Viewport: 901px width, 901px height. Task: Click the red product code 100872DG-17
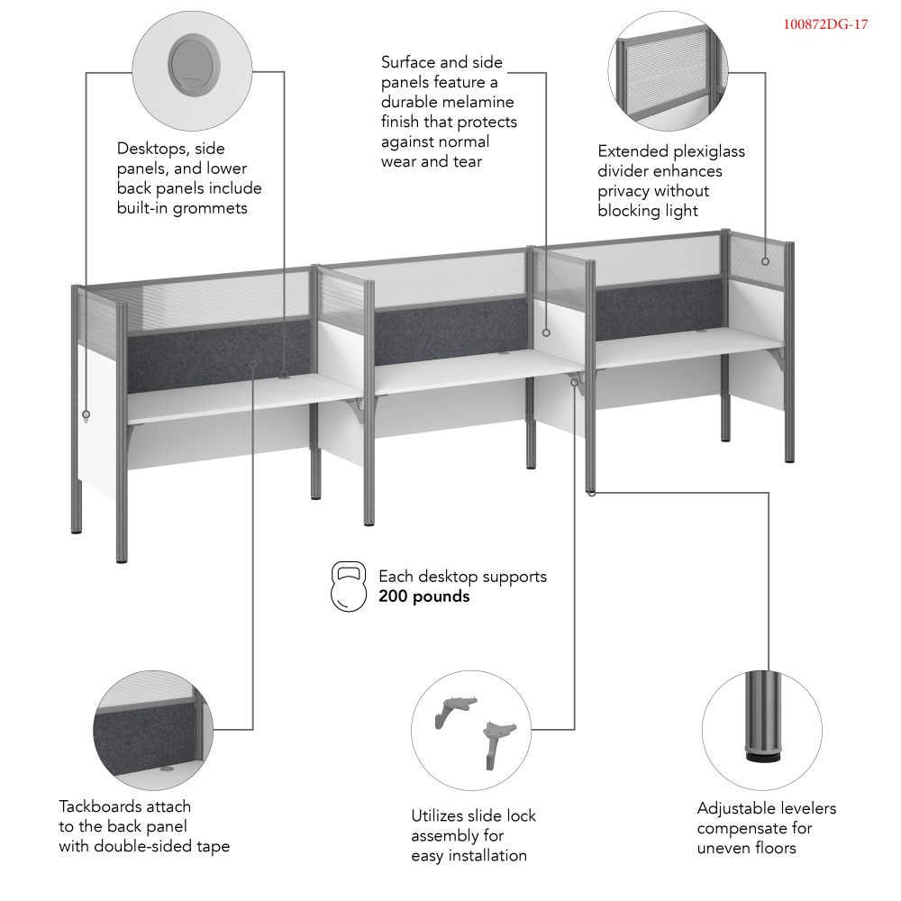point(825,24)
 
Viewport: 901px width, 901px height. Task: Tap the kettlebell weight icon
point(349,587)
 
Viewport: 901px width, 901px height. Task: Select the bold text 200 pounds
point(424,596)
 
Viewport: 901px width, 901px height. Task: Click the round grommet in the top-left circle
point(195,65)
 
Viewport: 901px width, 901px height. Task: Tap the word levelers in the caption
point(804,808)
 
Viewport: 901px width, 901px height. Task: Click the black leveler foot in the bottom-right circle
point(764,754)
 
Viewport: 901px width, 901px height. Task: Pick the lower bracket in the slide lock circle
point(497,742)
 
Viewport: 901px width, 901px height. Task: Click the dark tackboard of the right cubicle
point(660,309)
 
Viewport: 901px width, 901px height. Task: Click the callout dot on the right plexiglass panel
point(765,261)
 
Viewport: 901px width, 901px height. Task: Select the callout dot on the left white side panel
point(86,414)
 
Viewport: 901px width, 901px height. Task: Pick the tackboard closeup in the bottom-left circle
point(153,730)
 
